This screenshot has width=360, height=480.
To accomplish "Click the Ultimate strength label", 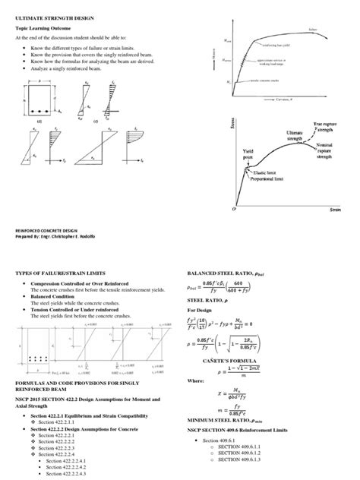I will click(x=298, y=134).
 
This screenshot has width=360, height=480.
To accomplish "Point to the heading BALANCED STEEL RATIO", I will click(x=225, y=273).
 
